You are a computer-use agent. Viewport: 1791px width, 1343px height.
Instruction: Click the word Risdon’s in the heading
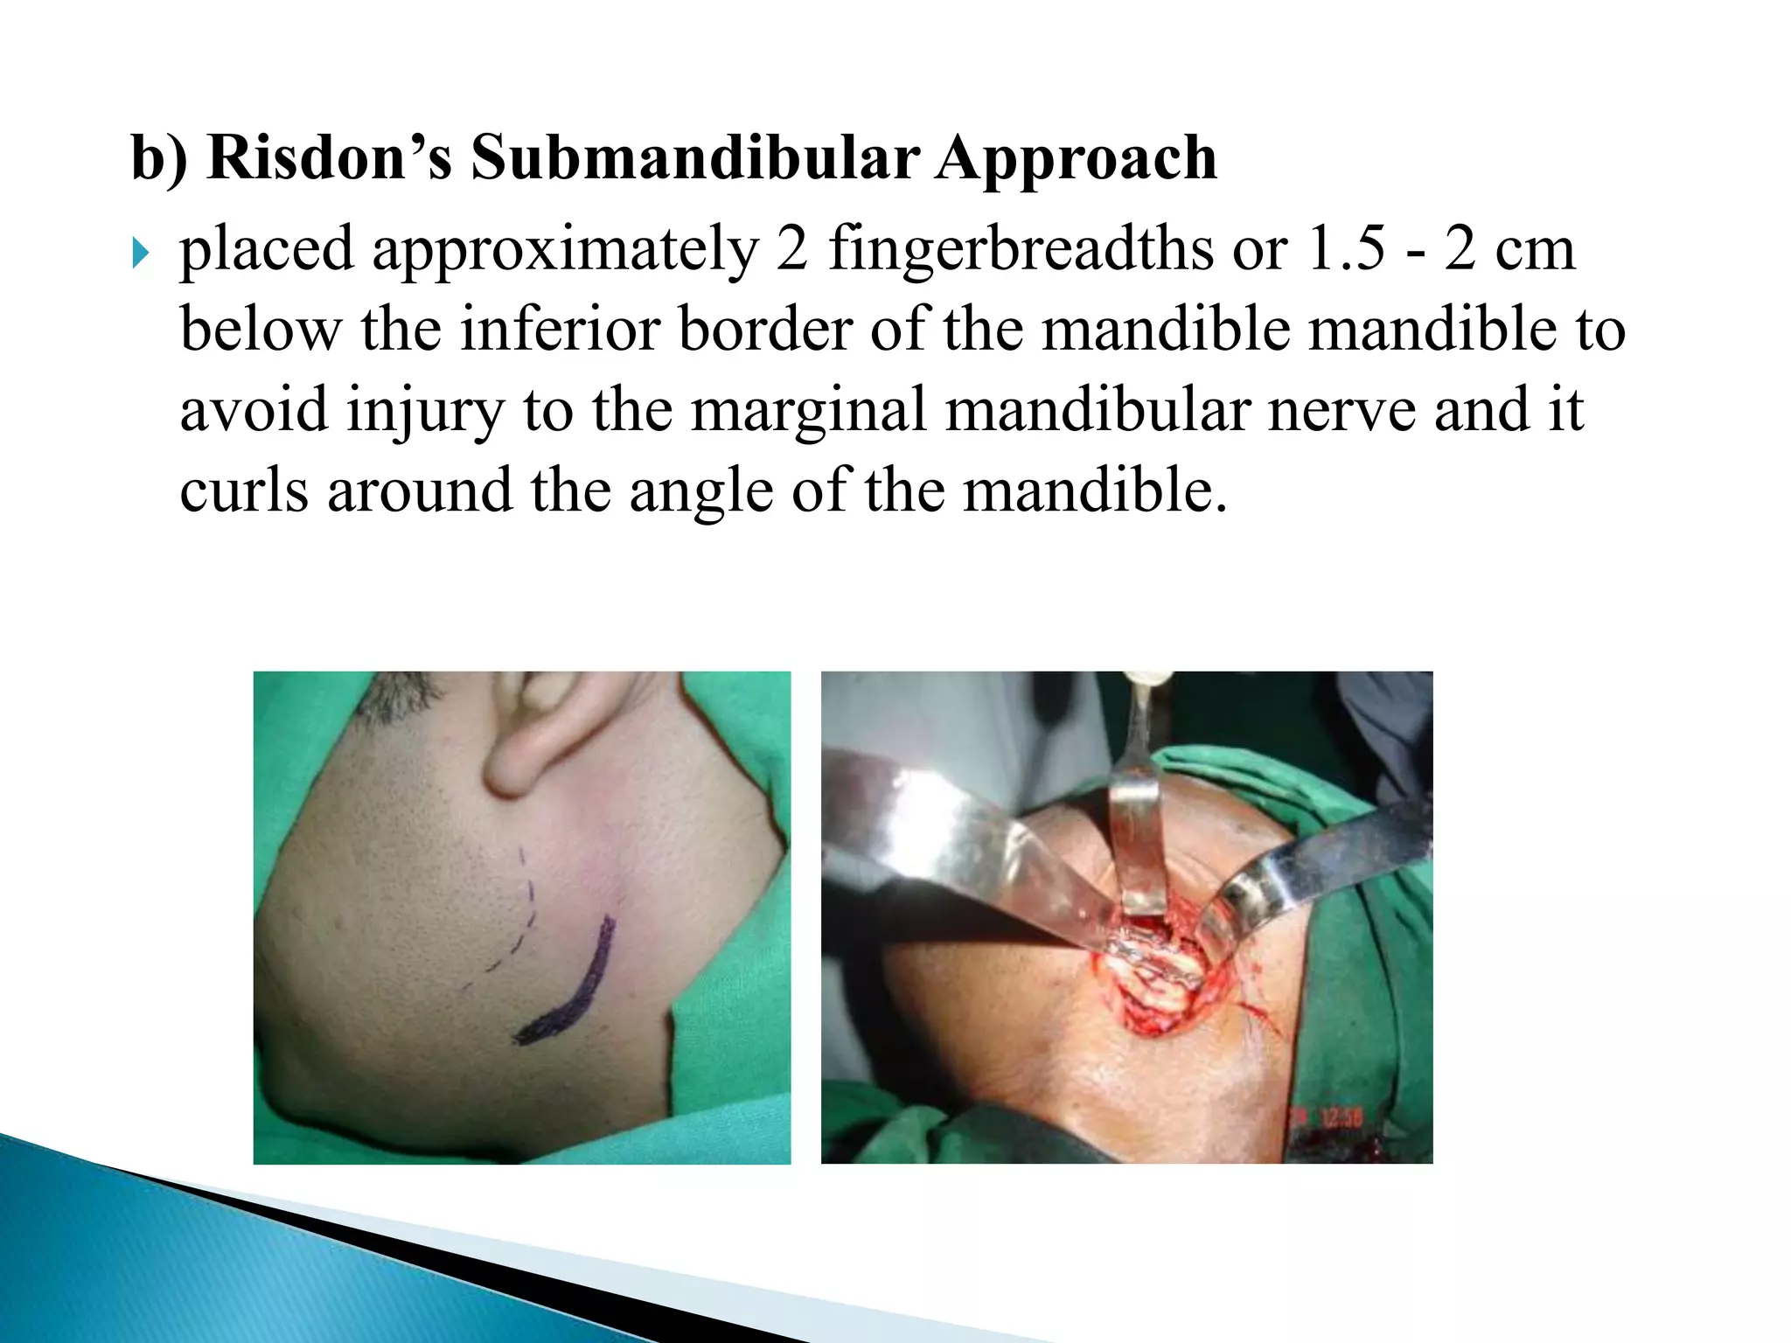point(329,159)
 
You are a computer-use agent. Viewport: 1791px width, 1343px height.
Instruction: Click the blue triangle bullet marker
point(140,255)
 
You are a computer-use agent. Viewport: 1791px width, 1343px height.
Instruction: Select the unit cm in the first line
point(1535,251)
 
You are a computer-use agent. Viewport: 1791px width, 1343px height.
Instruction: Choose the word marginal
point(808,411)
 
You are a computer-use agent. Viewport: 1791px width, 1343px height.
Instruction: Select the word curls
point(243,491)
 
